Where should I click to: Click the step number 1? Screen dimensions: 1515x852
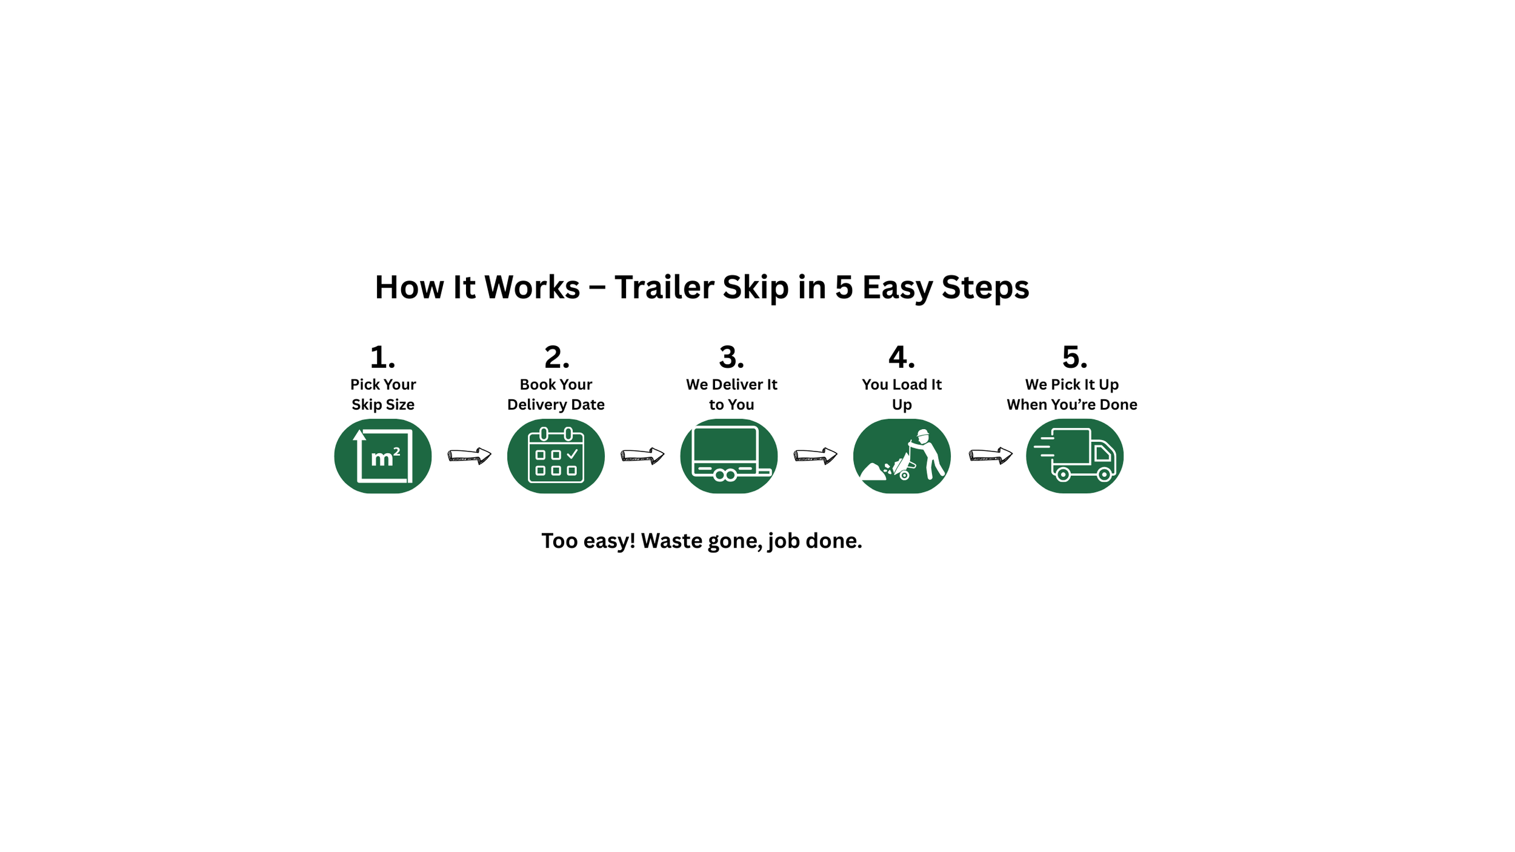click(x=382, y=357)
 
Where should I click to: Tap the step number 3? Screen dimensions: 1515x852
click(x=731, y=357)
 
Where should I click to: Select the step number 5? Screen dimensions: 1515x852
click(x=1074, y=357)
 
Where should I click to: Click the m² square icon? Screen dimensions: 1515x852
click(x=382, y=456)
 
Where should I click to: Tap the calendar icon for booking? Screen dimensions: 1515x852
click(x=556, y=456)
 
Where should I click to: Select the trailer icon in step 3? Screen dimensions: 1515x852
click(x=729, y=456)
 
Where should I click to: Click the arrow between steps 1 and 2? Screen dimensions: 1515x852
click(x=469, y=455)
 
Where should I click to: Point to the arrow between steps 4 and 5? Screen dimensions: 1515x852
click(x=990, y=455)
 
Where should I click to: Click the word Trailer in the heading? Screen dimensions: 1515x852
click(x=664, y=287)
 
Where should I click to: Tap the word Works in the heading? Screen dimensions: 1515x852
click(x=532, y=287)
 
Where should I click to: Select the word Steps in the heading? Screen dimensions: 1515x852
click(x=985, y=287)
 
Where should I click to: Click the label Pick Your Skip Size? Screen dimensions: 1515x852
click(x=383, y=394)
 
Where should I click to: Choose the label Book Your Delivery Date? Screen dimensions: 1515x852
click(x=556, y=394)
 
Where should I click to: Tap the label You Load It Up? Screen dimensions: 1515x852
click(x=902, y=394)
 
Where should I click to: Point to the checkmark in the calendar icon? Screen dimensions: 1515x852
click(x=572, y=454)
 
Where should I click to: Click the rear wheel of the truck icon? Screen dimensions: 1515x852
click(x=1063, y=475)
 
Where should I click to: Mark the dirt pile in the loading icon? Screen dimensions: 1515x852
click(x=873, y=472)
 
